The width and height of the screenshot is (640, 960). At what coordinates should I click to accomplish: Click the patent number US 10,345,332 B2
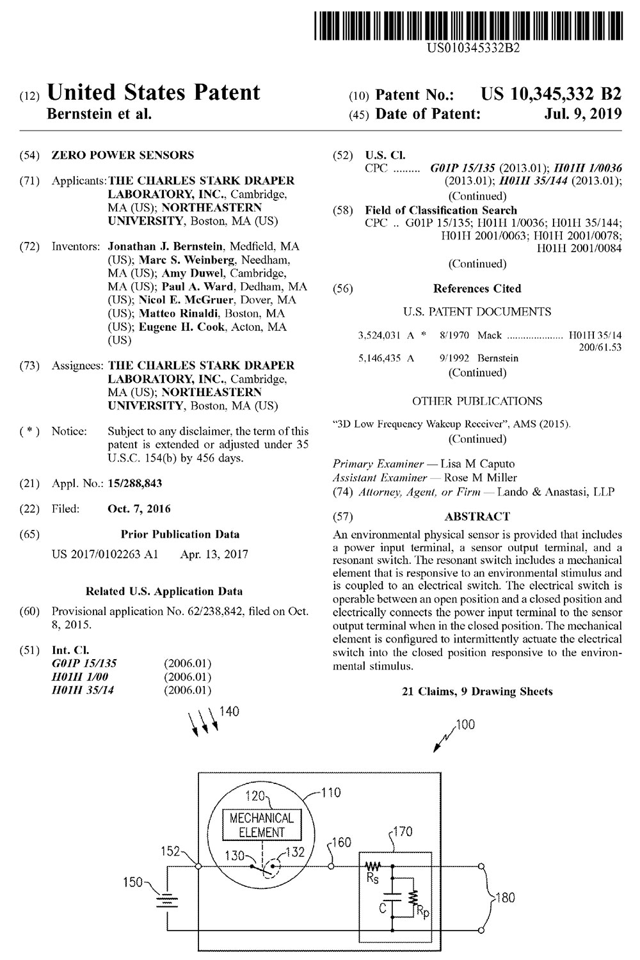551,95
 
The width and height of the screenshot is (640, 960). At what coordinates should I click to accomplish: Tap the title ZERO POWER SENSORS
123,155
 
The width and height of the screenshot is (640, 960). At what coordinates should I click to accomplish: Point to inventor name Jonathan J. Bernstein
166,246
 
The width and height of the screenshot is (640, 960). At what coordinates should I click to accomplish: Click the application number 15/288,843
135,484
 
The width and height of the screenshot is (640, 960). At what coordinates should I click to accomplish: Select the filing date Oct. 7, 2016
139,509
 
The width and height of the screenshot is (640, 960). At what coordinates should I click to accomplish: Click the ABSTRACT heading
477,516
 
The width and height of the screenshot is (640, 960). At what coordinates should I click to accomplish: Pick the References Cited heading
477,289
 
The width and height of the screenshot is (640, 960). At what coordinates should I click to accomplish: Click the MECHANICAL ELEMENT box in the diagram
261,825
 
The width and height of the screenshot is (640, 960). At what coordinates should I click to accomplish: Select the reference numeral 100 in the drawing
465,725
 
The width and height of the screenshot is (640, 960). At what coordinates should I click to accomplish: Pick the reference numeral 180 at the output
505,898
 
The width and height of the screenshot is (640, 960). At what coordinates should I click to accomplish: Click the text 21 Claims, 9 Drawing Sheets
477,691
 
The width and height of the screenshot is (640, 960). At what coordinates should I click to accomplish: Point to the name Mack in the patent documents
490,335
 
